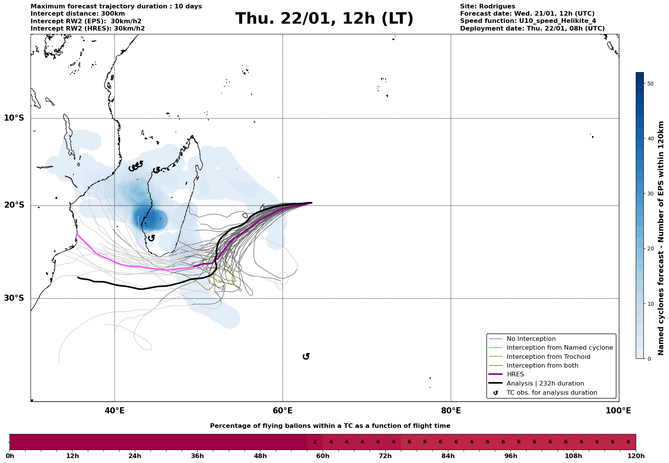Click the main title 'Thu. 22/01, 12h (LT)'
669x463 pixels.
point(324,19)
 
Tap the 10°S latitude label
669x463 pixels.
point(14,118)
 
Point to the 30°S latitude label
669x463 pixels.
point(14,298)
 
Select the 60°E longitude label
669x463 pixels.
point(283,411)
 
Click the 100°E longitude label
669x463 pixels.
point(618,411)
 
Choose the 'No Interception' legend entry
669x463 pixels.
point(531,339)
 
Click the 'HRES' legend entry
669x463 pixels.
point(515,374)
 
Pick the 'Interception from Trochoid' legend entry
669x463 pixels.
point(548,357)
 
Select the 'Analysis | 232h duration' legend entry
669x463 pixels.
point(545,384)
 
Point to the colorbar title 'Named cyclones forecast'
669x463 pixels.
point(661,238)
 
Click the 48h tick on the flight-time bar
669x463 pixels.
point(260,456)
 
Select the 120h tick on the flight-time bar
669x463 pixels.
point(636,456)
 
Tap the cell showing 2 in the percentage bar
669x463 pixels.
point(315,442)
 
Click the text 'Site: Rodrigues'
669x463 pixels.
point(487,6)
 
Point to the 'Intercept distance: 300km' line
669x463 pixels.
point(78,14)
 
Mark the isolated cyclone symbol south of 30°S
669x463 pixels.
point(306,357)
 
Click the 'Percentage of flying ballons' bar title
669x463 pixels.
point(330,426)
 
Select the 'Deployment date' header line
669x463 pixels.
point(532,29)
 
